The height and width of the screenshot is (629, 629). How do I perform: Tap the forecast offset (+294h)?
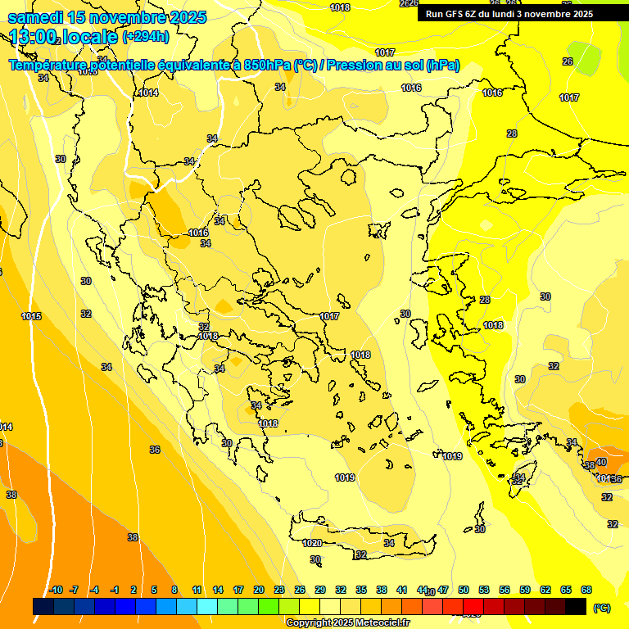click(146, 37)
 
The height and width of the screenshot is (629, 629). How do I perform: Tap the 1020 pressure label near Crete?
click(312, 543)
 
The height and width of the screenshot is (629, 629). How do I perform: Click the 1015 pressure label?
click(31, 316)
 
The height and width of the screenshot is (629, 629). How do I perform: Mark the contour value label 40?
click(600, 463)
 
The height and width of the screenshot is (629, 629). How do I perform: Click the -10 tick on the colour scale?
click(56, 590)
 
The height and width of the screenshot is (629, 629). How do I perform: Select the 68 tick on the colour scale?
click(586, 590)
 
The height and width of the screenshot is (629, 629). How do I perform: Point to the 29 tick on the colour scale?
click(320, 590)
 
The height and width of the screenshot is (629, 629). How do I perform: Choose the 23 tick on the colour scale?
click(279, 590)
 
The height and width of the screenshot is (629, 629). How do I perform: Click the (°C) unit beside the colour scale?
click(601, 608)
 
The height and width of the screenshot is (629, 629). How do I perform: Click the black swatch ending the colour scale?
click(576, 606)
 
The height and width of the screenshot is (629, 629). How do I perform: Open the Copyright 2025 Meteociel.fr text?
click(347, 622)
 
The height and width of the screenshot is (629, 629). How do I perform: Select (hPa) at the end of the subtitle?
click(442, 66)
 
